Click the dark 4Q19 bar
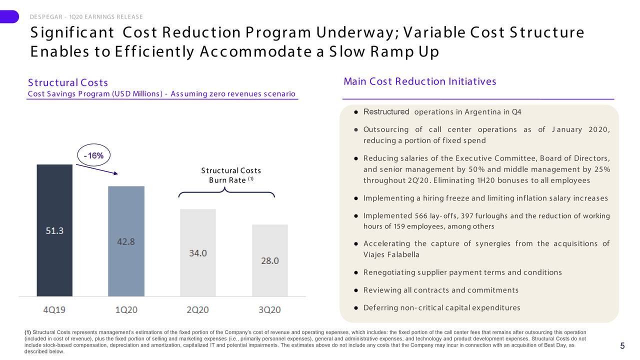point(54,230)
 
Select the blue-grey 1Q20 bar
point(126,241)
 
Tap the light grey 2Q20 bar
point(198,252)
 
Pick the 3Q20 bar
point(270,260)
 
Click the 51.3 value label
point(54,231)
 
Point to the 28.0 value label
point(270,261)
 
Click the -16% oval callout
point(93,155)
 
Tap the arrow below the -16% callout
point(97,169)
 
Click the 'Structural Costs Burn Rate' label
point(231,175)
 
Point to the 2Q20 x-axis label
point(197,309)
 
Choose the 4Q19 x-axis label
point(54,309)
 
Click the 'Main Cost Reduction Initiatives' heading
point(419,81)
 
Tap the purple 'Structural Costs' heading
point(68,82)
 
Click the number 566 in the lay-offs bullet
point(421,215)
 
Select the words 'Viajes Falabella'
point(391,254)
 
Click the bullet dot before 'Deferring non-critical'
point(356,308)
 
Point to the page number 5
point(622,346)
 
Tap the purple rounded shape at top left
point(9,16)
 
